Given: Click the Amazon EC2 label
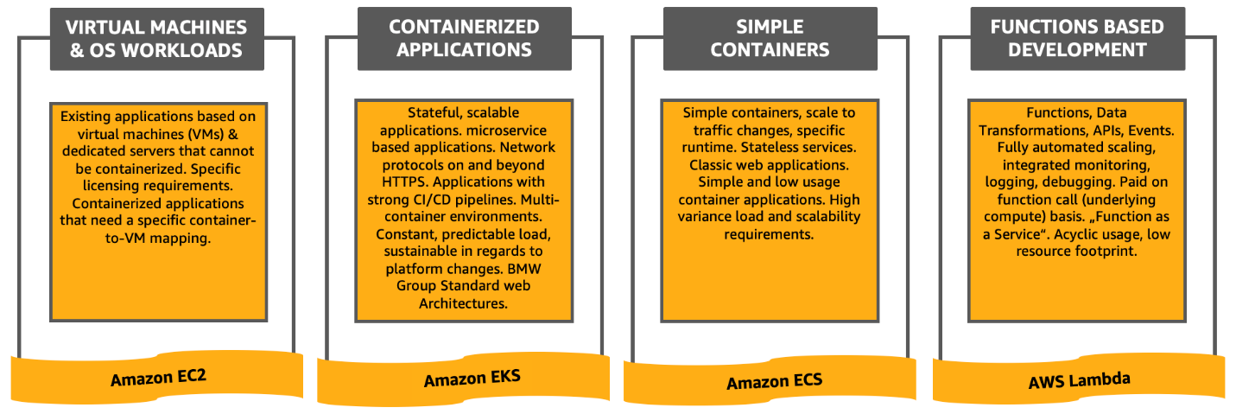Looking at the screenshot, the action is click(x=159, y=379).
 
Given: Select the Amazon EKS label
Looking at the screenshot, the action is click(x=472, y=379).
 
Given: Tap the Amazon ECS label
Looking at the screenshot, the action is click(x=775, y=381).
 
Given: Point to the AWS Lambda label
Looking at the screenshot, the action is click(x=1079, y=379).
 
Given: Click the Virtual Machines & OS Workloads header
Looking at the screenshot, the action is click(x=156, y=39).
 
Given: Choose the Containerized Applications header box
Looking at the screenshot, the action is click(x=464, y=38).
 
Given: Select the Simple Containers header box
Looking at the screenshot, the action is click(x=770, y=38).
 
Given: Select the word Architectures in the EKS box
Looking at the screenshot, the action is click(x=463, y=303).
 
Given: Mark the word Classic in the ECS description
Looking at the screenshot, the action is click(x=713, y=164).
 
